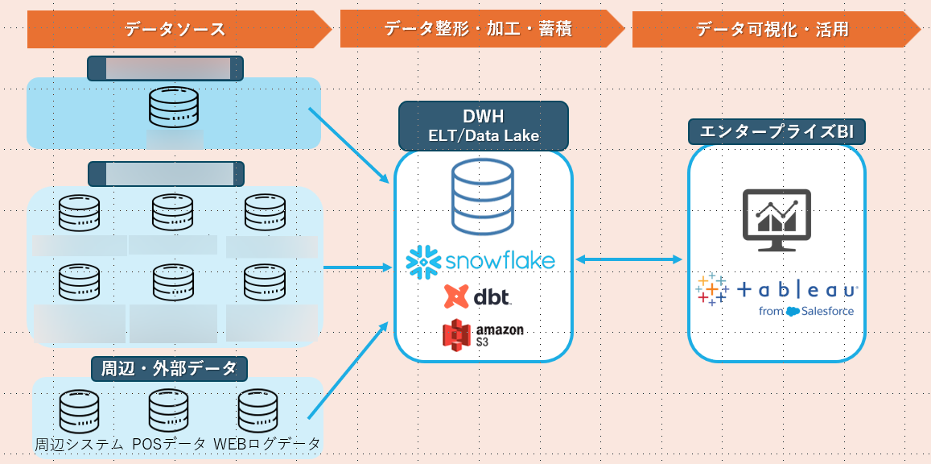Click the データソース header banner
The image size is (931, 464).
click(x=175, y=30)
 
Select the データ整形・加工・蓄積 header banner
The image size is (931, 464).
click(x=478, y=30)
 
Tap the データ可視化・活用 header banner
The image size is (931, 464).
click(x=772, y=30)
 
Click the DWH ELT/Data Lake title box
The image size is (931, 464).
click(x=484, y=126)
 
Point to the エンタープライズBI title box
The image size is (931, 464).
click(x=777, y=131)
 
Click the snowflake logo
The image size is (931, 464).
click(x=481, y=260)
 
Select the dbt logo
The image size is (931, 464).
click(x=478, y=296)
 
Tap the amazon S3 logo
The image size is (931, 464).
click(x=483, y=334)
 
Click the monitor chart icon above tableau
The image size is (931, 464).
click(x=777, y=219)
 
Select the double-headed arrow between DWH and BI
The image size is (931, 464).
click(x=629, y=259)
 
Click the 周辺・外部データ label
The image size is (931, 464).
click(x=168, y=369)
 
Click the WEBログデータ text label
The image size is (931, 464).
click(x=267, y=444)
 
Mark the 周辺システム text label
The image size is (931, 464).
click(x=80, y=444)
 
